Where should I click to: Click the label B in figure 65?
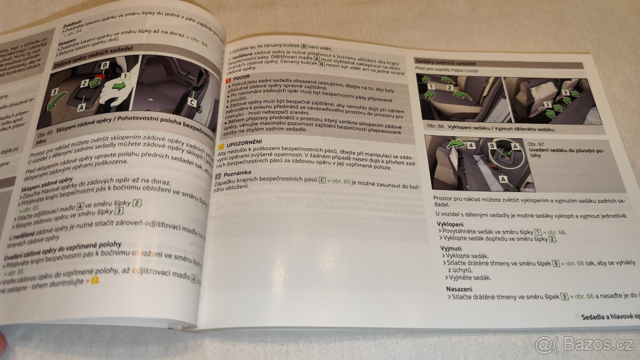pyautogui.click(x=105, y=65)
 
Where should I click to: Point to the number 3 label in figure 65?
pyautogui.click(x=54, y=92)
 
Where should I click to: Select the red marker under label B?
pyautogui.click(x=101, y=76)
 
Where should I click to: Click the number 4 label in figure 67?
pyautogui.click(x=471, y=145)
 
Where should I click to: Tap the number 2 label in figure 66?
pyautogui.click(x=449, y=87)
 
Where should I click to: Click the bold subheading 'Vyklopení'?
pyautogui.click(x=450, y=225)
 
